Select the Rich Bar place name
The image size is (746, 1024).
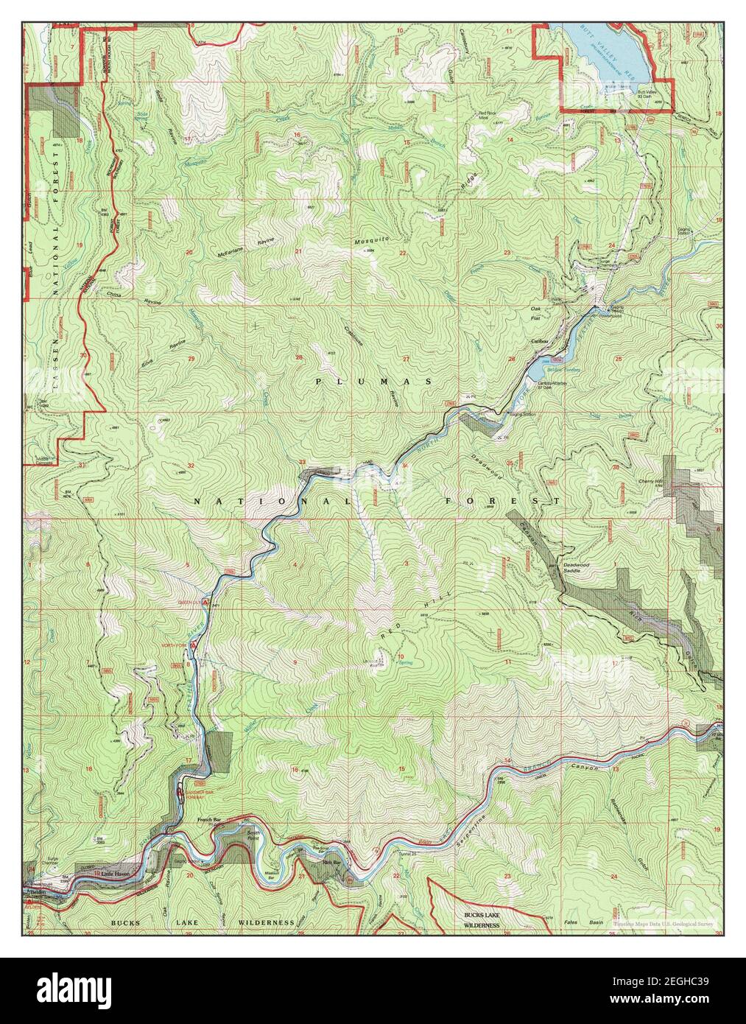pos(331,863)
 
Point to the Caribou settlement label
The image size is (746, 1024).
pos(542,342)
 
